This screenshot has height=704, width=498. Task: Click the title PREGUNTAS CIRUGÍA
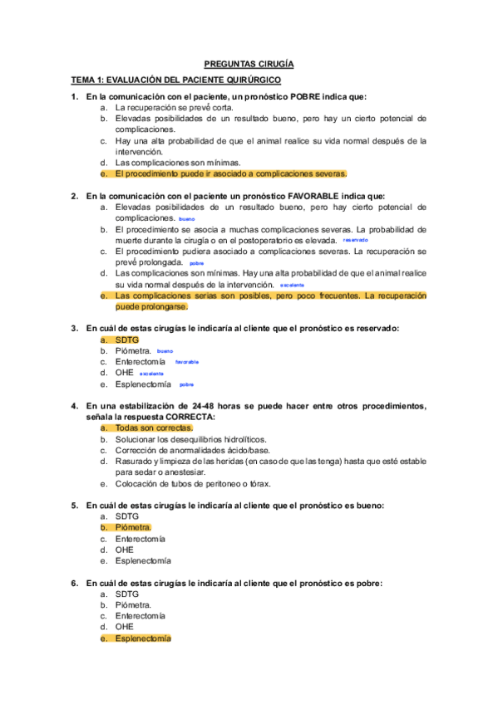tap(249, 63)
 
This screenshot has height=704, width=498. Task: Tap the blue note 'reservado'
tap(355, 239)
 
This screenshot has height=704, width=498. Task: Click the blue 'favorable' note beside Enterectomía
tap(187, 362)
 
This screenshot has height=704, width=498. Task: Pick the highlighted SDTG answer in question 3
tap(127, 340)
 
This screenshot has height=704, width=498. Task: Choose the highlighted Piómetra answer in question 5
tap(133, 527)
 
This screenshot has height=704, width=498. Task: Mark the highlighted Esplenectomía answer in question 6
tap(143, 638)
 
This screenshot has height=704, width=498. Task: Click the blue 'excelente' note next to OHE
tap(151, 374)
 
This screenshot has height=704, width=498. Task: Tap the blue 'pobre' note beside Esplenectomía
tap(186, 385)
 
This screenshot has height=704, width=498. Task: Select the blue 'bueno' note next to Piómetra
tap(165, 351)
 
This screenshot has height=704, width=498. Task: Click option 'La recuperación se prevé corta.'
tap(175, 107)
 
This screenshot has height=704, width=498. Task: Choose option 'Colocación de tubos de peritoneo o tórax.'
tap(193, 483)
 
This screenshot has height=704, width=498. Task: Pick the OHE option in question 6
tap(125, 627)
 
